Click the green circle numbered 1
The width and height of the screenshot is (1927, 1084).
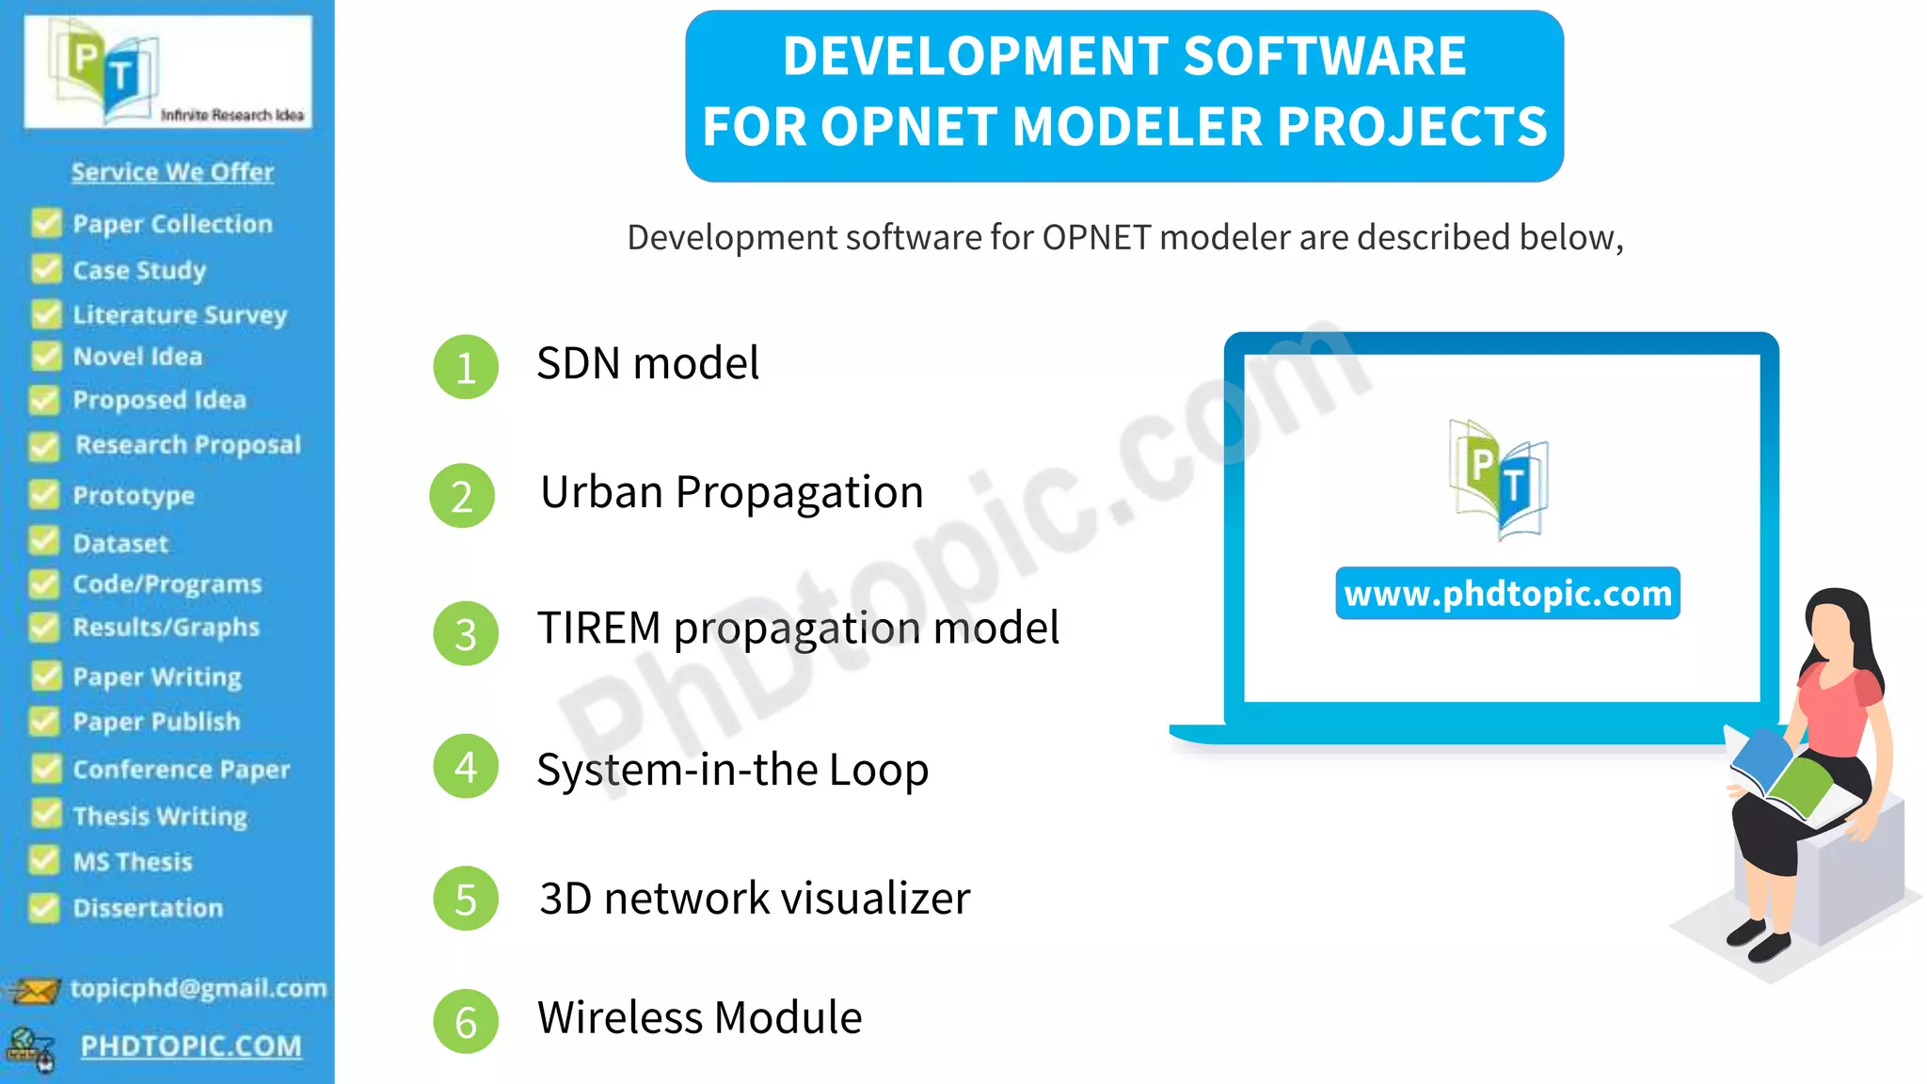(x=465, y=367)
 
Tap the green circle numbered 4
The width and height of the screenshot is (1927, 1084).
(x=465, y=767)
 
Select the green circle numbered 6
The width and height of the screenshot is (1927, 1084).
(x=465, y=1021)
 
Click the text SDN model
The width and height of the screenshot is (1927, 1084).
(x=647, y=363)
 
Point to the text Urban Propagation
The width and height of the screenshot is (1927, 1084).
(x=731, y=492)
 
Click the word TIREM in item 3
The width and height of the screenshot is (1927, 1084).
(x=599, y=628)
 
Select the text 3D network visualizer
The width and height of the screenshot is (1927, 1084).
(x=755, y=899)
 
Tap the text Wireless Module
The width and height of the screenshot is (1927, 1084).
(x=699, y=1017)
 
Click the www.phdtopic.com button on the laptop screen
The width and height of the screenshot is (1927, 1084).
(x=1507, y=594)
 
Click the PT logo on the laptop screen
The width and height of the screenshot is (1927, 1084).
(x=1499, y=480)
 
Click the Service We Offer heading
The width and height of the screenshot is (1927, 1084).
(x=172, y=172)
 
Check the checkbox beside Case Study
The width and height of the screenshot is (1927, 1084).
(x=45, y=269)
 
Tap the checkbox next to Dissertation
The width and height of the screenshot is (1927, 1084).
(x=43, y=907)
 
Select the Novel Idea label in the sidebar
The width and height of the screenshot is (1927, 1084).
(x=137, y=357)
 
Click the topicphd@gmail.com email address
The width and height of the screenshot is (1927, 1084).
(x=199, y=988)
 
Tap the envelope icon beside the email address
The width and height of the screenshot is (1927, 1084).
(x=32, y=991)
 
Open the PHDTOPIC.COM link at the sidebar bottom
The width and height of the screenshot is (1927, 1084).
(x=191, y=1046)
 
